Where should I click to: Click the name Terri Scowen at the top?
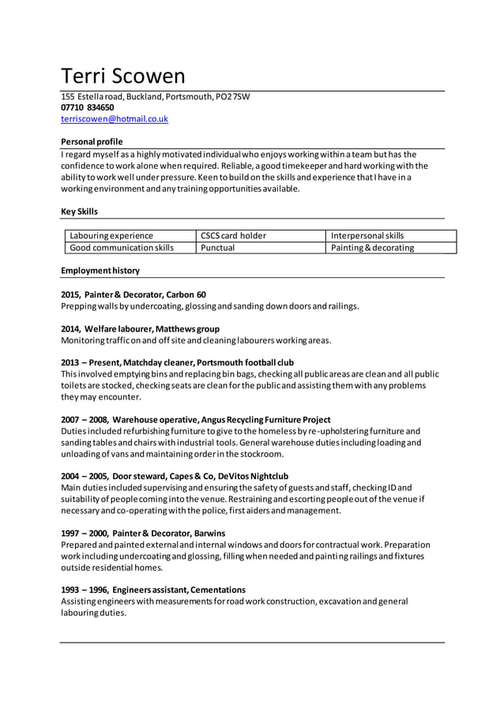(x=123, y=76)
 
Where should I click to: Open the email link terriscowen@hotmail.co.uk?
(x=115, y=119)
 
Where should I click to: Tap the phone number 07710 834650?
(x=88, y=107)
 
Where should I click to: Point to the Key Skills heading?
(x=80, y=212)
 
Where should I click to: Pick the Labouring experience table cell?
(x=111, y=235)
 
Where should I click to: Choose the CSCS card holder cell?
(x=233, y=235)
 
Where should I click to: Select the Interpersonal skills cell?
(x=367, y=235)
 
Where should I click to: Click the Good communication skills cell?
(x=122, y=248)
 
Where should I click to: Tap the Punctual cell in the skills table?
(x=218, y=248)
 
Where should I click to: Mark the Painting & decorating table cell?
(x=372, y=248)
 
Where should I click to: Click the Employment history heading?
(x=100, y=271)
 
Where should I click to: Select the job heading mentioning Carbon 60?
(x=134, y=294)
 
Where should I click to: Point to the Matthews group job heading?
(x=140, y=328)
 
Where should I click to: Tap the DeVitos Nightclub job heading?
(x=255, y=477)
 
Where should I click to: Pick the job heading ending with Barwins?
(x=143, y=534)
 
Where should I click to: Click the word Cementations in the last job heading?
(x=218, y=590)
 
